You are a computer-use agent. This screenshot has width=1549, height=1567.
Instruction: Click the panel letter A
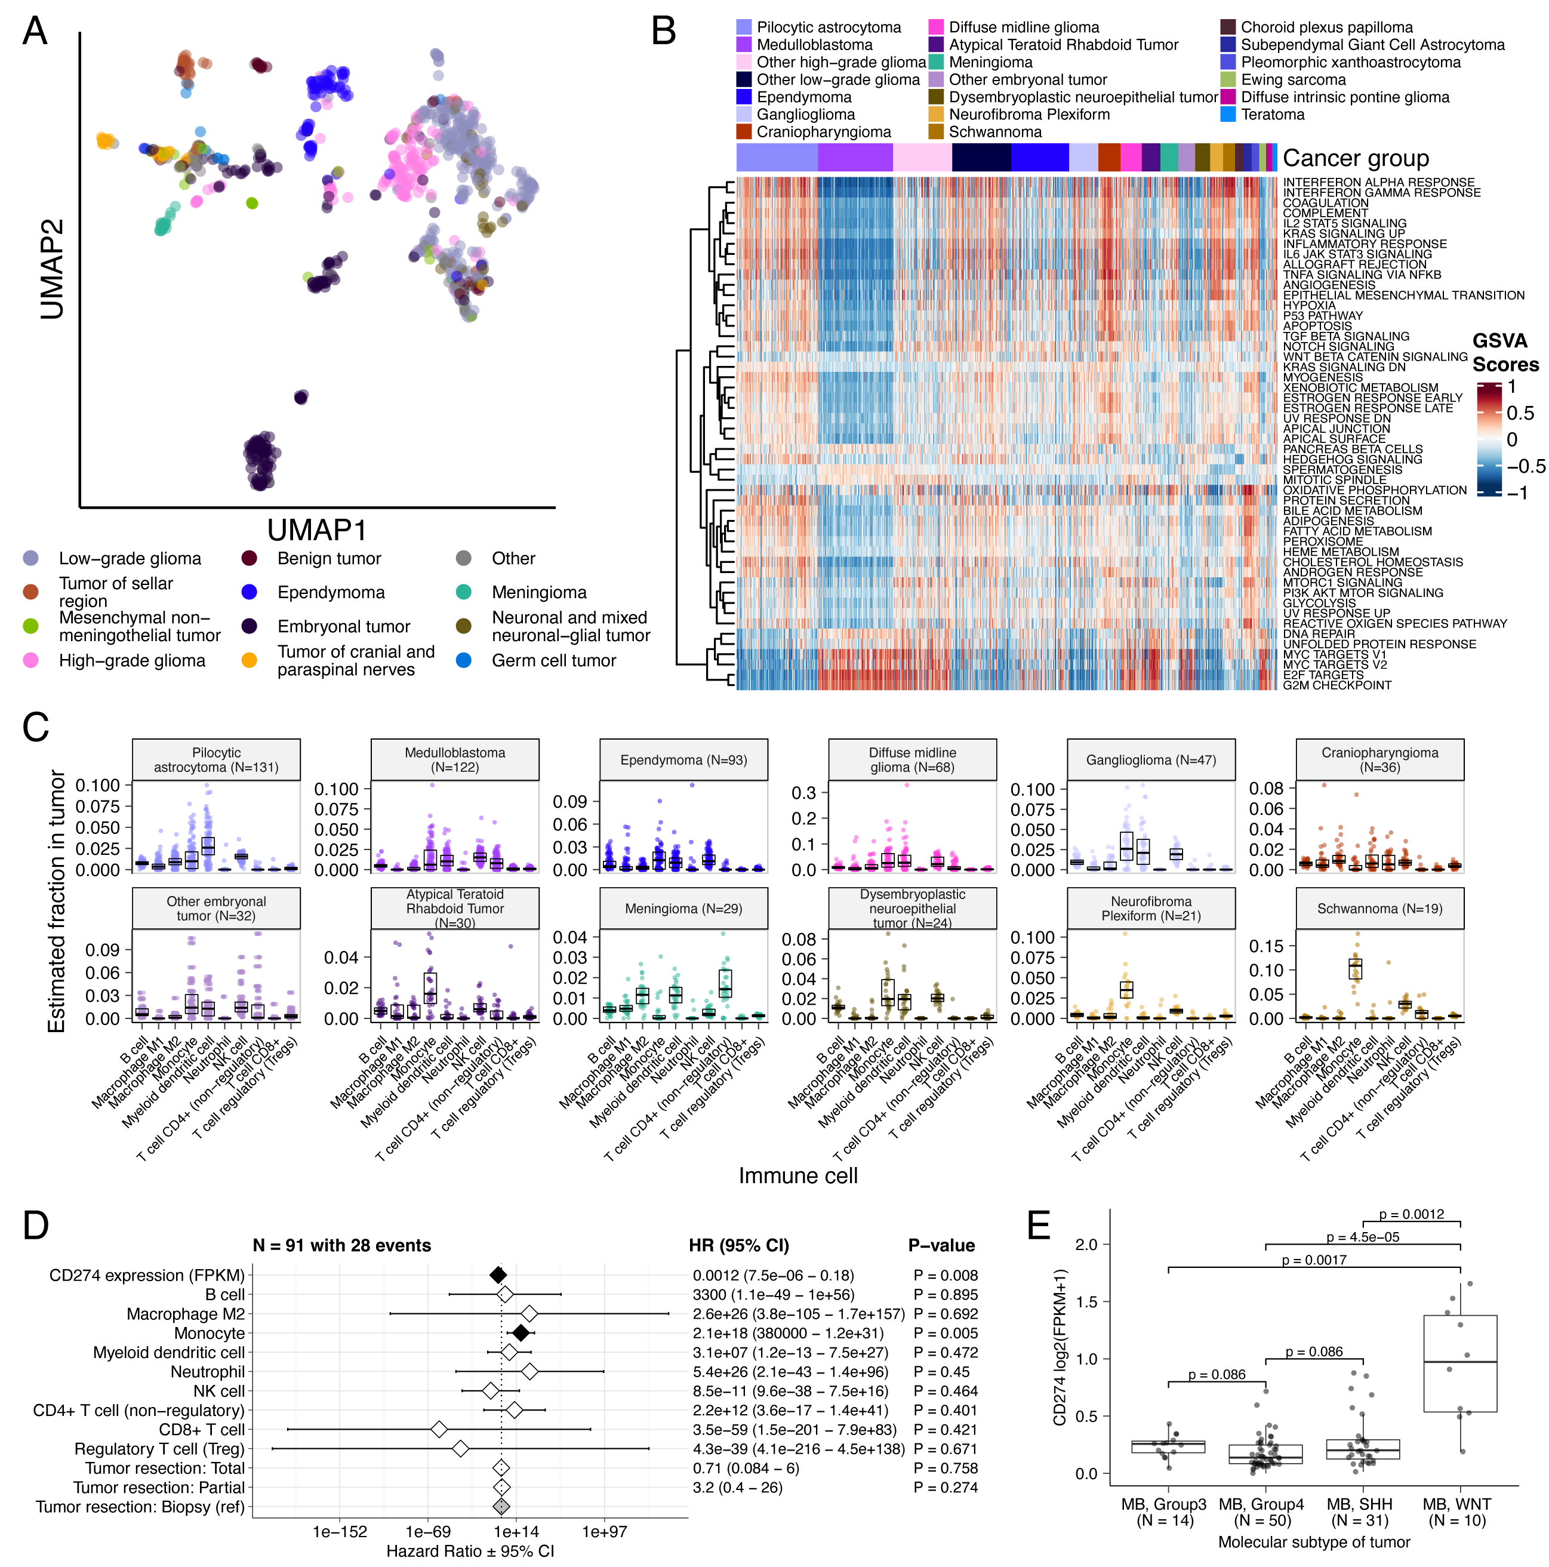pyautogui.click(x=35, y=31)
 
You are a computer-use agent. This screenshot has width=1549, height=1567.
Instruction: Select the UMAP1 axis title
pyautogui.click(x=316, y=531)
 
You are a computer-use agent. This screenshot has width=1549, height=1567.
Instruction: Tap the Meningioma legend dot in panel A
pyautogui.click(x=464, y=592)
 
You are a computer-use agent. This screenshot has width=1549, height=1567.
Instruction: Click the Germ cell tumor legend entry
pyautogui.click(x=553, y=661)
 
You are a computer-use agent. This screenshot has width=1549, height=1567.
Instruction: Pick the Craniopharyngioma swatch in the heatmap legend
pyautogui.click(x=744, y=131)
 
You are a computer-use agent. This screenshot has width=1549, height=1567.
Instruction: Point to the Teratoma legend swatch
pyautogui.click(x=1228, y=115)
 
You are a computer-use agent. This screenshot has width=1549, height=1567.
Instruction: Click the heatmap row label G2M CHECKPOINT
pyautogui.click(x=1336, y=685)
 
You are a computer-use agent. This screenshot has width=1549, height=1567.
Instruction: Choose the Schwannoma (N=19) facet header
pyautogui.click(x=1379, y=909)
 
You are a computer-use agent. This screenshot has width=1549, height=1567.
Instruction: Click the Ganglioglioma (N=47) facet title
pyautogui.click(x=1151, y=760)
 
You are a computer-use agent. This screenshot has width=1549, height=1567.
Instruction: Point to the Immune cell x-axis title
pyautogui.click(x=797, y=1176)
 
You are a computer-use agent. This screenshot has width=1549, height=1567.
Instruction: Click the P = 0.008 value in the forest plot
pyautogui.click(x=945, y=1276)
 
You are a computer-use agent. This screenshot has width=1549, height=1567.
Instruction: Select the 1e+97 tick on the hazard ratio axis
pyautogui.click(x=604, y=1531)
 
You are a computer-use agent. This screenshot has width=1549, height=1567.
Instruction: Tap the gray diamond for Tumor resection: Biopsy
pyautogui.click(x=501, y=1506)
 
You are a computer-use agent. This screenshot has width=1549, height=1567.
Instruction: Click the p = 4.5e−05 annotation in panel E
pyautogui.click(x=1363, y=1237)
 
